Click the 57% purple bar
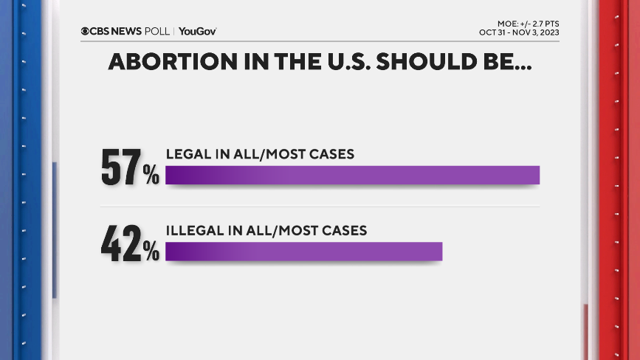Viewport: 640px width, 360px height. click(x=353, y=175)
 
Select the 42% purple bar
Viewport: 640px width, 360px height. click(x=303, y=252)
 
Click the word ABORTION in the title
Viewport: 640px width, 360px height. click(x=168, y=62)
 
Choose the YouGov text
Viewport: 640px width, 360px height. click(x=197, y=31)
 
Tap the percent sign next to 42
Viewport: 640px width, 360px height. click(x=151, y=252)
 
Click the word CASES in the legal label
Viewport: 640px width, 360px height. click(x=331, y=154)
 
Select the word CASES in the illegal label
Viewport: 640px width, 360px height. click(x=343, y=231)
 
